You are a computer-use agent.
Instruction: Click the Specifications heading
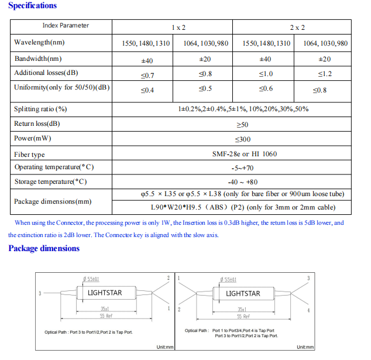pyautogui.click(x=33, y=6)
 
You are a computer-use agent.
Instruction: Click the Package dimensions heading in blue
pyautogui.click(x=43, y=248)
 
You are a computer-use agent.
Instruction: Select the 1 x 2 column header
pyautogui.click(x=178, y=28)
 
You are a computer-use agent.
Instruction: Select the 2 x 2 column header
pyautogui.click(x=297, y=28)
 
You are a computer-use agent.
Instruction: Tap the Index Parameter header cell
pyautogui.click(x=66, y=26)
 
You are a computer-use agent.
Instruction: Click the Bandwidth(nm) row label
pyautogui.click(x=38, y=59)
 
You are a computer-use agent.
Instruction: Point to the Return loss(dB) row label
pyautogui.click(x=37, y=124)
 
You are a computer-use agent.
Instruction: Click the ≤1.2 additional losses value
pyautogui.click(x=325, y=74)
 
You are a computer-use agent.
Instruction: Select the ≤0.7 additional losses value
pyautogui.click(x=147, y=75)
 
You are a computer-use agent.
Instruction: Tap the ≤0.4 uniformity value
pyautogui.click(x=147, y=90)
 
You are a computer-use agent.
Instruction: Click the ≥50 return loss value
pyautogui.click(x=242, y=125)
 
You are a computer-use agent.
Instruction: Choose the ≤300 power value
pyautogui.click(x=242, y=139)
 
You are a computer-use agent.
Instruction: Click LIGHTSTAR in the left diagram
pyautogui.click(x=105, y=293)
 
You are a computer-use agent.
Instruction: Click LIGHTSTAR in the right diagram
pyautogui.click(x=243, y=293)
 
